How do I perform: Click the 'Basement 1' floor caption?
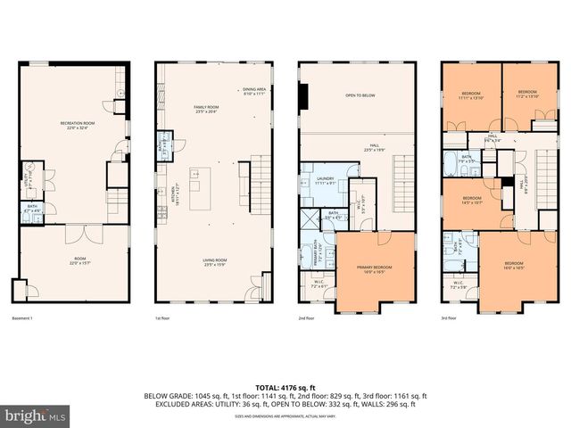22,317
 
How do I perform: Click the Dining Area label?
254,91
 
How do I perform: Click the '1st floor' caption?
163,317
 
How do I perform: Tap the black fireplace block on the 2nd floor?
305,92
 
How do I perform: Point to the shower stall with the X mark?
310,217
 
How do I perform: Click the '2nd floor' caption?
306,317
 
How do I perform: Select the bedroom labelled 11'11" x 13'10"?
471,95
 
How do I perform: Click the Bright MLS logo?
36,416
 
